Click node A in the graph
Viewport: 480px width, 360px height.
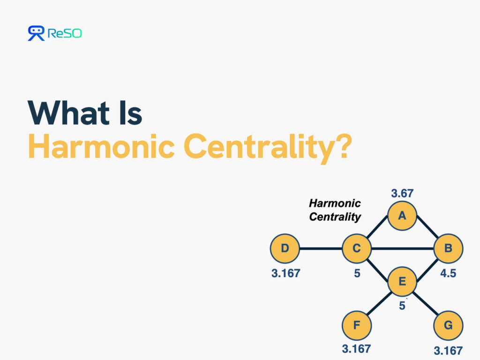(x=402, y=216)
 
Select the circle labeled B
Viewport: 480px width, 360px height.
(x=448, y=248)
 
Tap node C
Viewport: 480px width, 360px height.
(x=357, y=248)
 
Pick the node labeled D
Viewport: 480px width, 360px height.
(x=285, y=248)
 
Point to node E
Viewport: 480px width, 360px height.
(x=402, y=281)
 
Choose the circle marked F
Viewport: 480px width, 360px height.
(x=357, y=325)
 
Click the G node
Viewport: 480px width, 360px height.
(x=448, y=325)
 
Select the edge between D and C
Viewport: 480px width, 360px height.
(x=321, y=248)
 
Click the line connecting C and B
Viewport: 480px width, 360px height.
(x=403, y=248)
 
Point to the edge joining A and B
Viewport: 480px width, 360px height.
(x=427, y=227)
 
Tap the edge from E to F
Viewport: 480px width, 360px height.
(x=379, y=303)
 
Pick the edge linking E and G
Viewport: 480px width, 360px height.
(x=425, y=303)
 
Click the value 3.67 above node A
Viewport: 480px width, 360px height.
(x=402, y=193)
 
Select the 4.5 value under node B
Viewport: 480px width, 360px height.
(x=448, y=273)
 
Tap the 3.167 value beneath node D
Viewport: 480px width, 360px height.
(x=285, y=273)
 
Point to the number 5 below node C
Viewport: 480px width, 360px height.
(x=357, y=273)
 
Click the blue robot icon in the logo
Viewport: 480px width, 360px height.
(x=36, y=33)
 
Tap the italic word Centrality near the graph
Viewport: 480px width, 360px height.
(x=335, y=217)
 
